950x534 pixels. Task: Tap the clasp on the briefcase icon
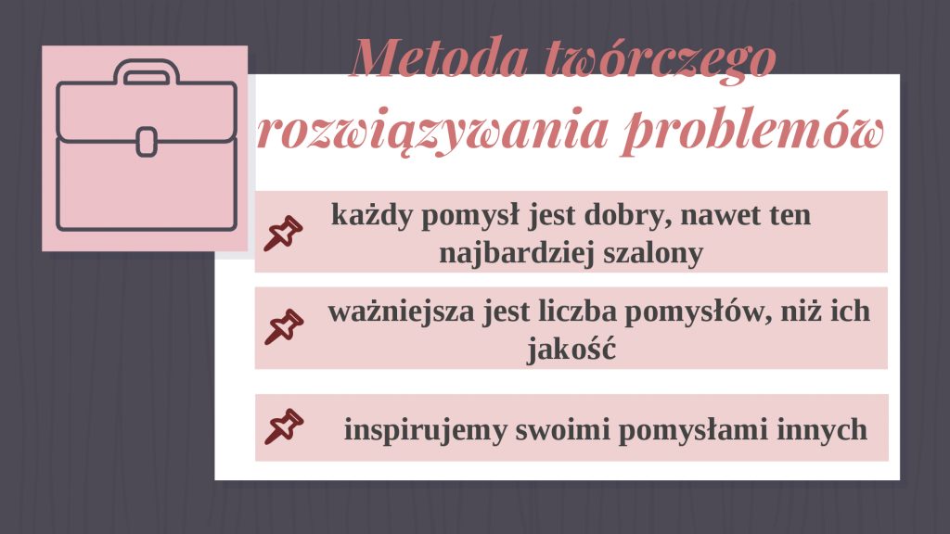147,142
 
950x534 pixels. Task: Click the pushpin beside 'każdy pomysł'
283,234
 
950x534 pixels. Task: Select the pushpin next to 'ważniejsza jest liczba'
284,327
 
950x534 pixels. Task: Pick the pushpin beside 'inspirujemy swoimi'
284,426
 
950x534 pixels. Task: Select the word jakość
571,349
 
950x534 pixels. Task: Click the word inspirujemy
425,431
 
